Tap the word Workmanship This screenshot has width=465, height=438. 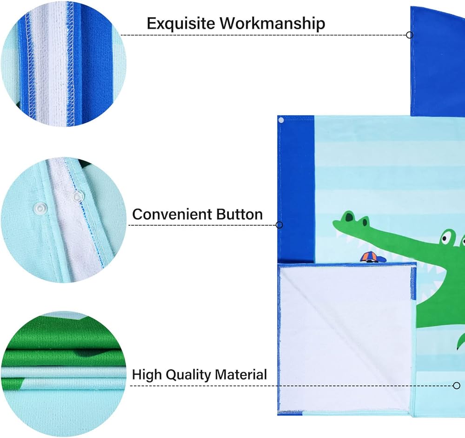(272, 23)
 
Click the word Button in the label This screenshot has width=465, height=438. (239, 214)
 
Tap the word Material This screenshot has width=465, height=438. (241, 374)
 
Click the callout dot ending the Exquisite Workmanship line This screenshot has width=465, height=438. (410, 35)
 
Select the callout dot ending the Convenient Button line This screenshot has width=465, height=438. (279, 225)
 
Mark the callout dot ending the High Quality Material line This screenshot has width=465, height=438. (457, 385)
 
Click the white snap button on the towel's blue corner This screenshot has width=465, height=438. (281, 120)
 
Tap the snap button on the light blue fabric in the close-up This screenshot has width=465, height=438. (39, 207)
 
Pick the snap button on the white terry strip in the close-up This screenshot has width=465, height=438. (77, 196)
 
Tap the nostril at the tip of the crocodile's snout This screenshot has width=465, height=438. (350, 216)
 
